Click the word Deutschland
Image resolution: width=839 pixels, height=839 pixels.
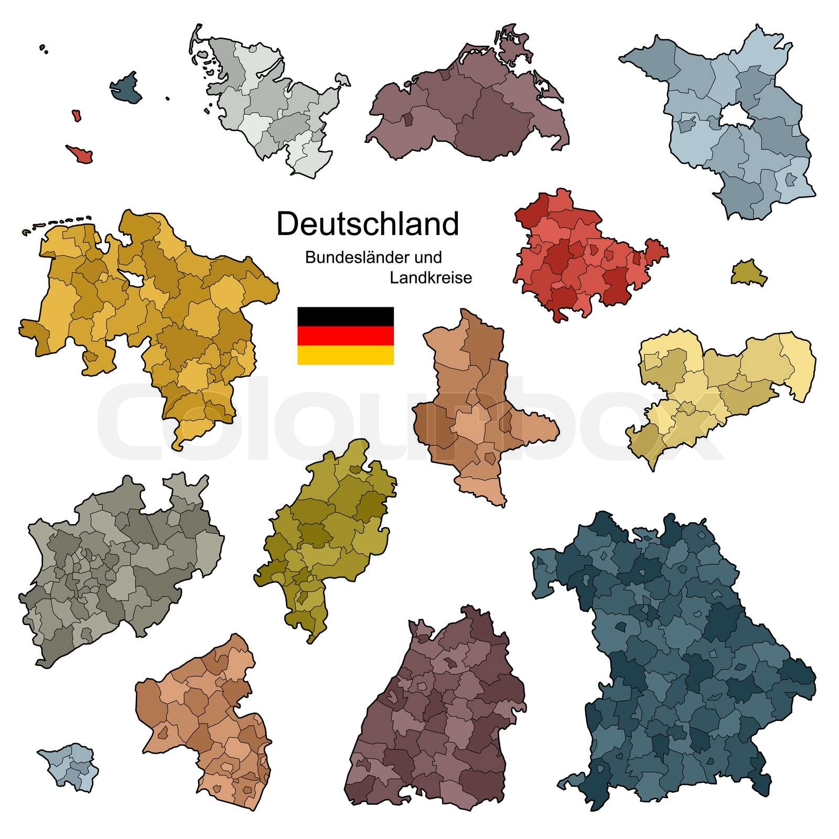pos(367,224)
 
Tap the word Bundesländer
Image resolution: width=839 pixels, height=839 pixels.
pos(347,257)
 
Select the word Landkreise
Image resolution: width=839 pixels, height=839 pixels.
pos(431,277)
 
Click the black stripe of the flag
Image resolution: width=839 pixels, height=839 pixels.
pos(345,316)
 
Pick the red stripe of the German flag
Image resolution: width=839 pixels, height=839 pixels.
pos(345,336)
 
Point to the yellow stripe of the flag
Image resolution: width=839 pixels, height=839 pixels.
pos(345,355)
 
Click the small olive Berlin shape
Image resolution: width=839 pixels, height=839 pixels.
pos(748,272)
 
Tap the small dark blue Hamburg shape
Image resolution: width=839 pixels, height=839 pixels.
pos(126,88)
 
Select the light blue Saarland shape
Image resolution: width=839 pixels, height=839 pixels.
pos(68,766)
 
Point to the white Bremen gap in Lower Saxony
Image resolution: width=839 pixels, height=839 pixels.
pos(134,281)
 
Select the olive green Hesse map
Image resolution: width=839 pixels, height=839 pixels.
pos(325,535)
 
